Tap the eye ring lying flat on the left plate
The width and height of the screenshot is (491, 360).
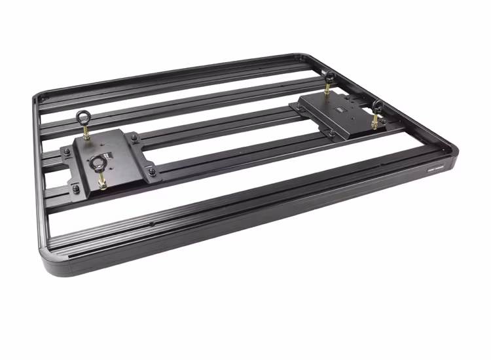click(x=100, y=162)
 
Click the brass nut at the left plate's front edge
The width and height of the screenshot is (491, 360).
click(x=102, y=183)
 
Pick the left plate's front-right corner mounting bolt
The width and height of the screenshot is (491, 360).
click(x=152, y=171)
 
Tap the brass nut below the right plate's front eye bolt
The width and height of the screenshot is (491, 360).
click(x=374, y=122)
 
